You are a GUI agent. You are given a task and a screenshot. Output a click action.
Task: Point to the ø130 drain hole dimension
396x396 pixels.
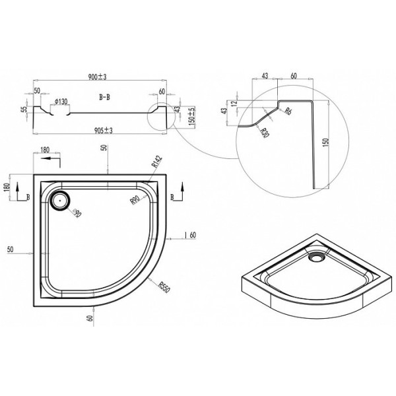[x=60, y=101]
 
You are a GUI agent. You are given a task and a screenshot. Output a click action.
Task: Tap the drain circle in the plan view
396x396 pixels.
[x=61, y=200]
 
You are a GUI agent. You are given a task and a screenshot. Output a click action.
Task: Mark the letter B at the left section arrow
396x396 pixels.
[x=28, y=197]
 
